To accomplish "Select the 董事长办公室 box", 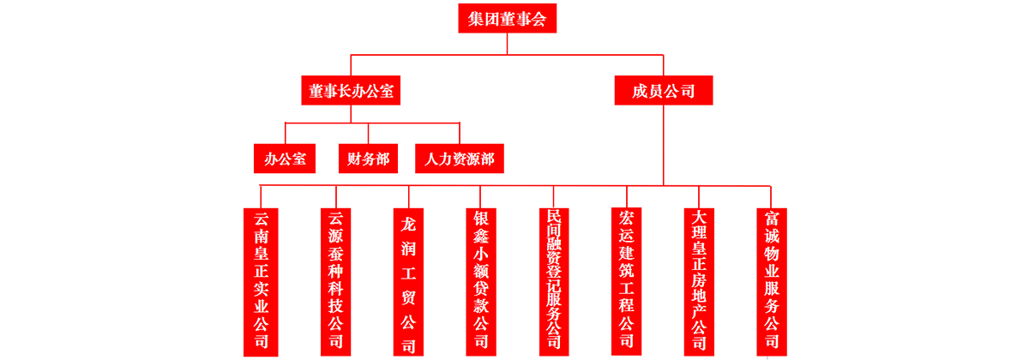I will (x=352, y=90).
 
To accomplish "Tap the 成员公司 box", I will (x=663, y=90).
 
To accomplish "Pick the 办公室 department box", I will (x=285, y=158).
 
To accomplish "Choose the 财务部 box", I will (x=368, y=158).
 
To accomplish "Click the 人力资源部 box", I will (x=460, y=158).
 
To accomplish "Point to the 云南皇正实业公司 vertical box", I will (x=261, y=280).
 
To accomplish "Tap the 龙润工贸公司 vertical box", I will (x=408, y=280).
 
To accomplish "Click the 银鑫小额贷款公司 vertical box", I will (x=481, y=280).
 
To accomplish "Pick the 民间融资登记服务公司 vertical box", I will (x=554, y=280).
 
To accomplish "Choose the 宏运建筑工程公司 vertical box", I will (x=626, y=280).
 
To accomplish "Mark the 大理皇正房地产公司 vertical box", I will (x=699, y=280).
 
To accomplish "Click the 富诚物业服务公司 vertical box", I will (x=771, y=280).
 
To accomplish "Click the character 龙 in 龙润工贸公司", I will (x=408, y=225).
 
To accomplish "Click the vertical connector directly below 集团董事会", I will (x=507, y=44).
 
